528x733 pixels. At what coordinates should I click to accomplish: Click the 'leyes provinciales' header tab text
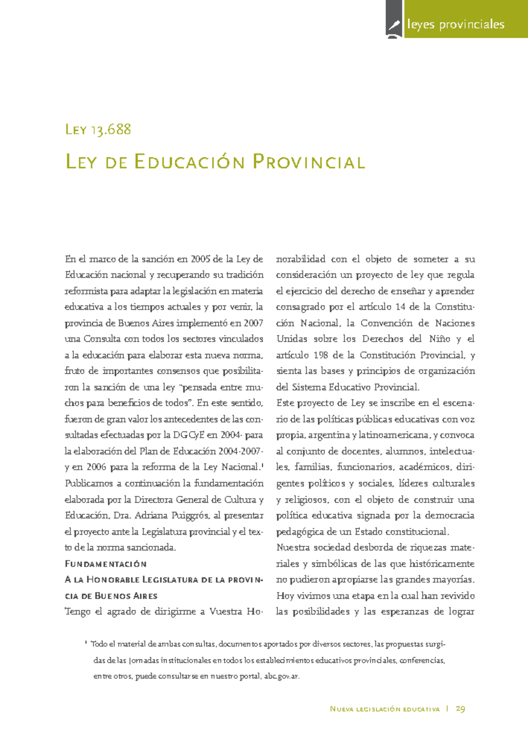[456, 24]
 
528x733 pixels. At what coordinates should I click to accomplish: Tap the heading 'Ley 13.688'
[98, 129]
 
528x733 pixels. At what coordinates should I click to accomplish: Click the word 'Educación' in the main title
[189, 162]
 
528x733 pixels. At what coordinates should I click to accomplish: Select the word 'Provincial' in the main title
[309, 162]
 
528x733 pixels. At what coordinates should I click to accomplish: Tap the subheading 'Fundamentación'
[106, 564]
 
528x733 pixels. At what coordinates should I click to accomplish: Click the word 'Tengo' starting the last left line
[77, 611]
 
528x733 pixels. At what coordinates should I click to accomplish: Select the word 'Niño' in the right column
[439, 339]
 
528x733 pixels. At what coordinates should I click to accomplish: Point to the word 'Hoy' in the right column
[285, 596]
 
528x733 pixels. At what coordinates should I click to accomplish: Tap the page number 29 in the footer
[460, 709]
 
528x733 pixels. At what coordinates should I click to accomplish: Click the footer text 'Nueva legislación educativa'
[385, 709]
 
